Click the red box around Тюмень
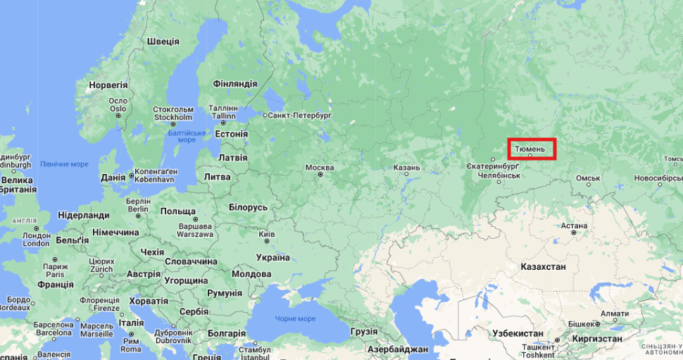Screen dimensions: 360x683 532,149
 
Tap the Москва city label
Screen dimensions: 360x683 320,168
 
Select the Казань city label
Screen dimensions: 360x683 406,168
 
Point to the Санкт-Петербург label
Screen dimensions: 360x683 300,114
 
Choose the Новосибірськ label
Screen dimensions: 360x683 658,178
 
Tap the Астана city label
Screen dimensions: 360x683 574,226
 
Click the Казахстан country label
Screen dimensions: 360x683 543,268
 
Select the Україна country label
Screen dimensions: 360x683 272,257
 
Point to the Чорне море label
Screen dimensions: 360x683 296,318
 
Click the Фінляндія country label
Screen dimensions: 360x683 234,83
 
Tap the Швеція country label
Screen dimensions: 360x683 163,42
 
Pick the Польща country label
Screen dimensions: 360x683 178,211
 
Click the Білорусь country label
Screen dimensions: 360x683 248,207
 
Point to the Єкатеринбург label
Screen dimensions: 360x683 491,167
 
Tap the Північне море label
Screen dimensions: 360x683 65,164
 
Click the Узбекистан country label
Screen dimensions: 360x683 518,333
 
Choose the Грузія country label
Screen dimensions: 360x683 364,331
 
